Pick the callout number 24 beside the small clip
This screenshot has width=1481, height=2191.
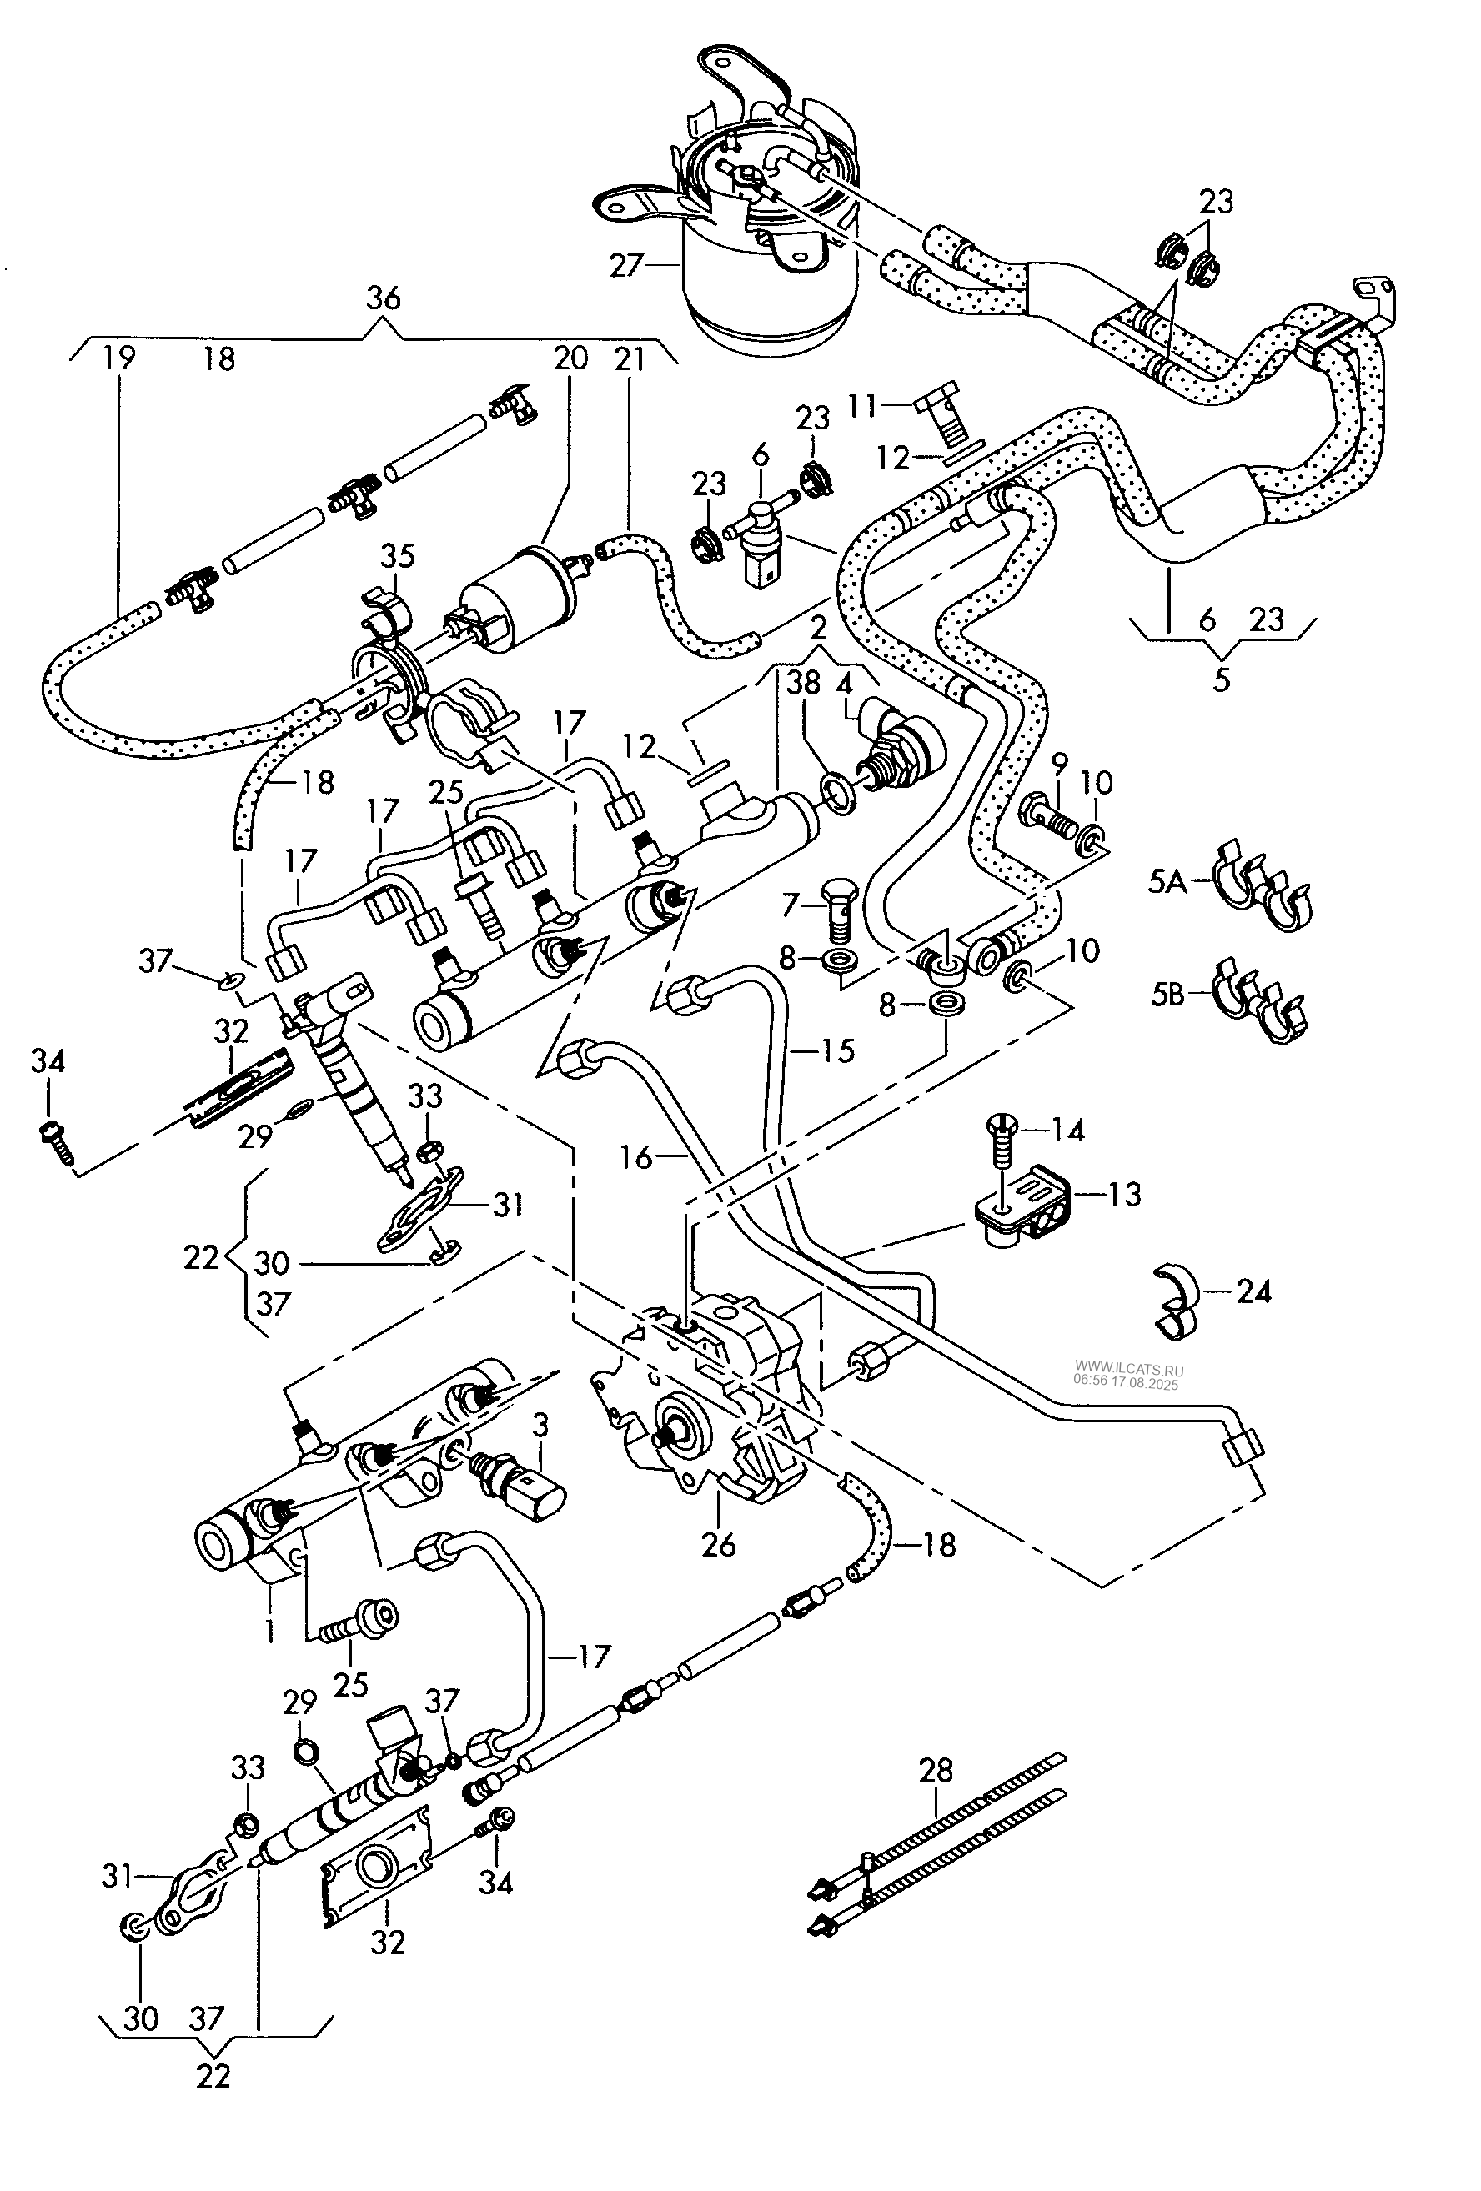[x=1253, y=1291]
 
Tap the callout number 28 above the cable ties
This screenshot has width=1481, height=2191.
[x=935, y=1770]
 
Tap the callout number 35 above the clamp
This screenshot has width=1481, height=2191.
[x=397, y=556]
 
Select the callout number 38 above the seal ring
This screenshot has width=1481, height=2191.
[x=803, y=683]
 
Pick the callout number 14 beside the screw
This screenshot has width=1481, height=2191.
[x=1068, y=1130]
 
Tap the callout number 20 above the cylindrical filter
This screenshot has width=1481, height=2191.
[x=570, y=358]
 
